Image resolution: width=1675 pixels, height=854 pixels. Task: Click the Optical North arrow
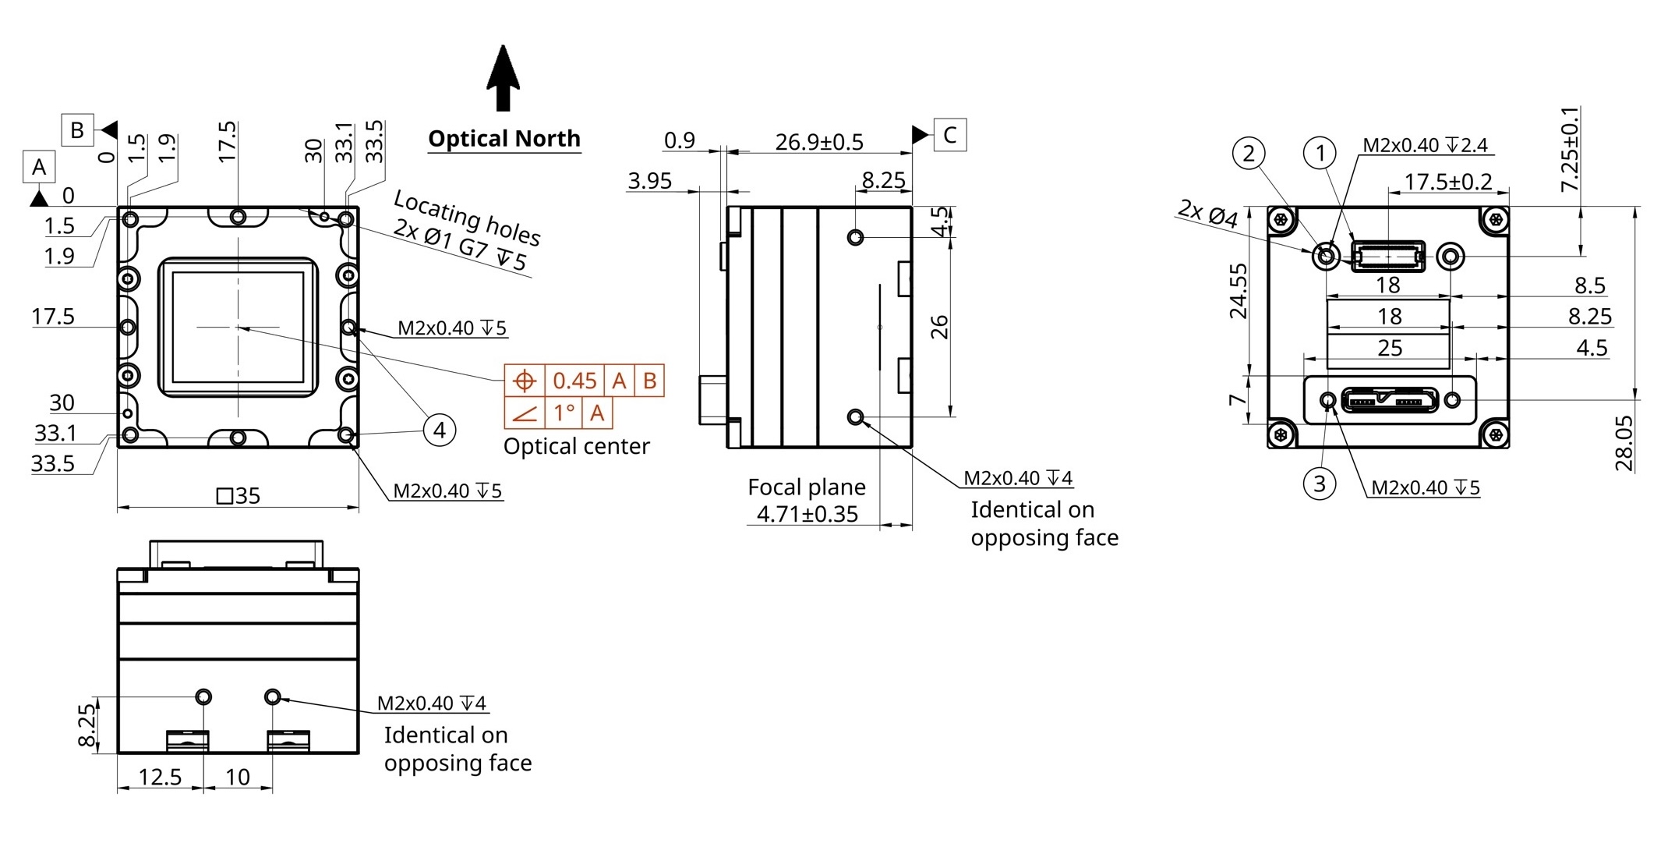[x=504, y=78]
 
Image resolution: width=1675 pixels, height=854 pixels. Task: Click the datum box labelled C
[x=949, y=135]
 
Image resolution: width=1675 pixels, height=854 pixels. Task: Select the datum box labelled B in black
[x=77, y=130]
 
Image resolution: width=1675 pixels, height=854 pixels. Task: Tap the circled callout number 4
[x=440, y=430]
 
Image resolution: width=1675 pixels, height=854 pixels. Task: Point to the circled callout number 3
[x=1320, y=484]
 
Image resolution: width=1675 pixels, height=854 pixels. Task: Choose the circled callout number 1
[x=1320, y=153]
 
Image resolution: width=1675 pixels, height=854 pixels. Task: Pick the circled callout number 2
[x=1249, y=153]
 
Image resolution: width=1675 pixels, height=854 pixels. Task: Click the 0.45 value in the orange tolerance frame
[x=574, y=381]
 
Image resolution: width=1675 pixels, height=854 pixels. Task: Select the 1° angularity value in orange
[x=564, y=413]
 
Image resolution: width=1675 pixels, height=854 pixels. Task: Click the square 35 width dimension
[x=238, y=495]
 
